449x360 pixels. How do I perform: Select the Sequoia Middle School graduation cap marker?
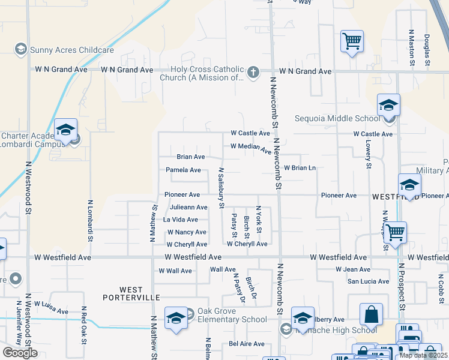coord(388,106)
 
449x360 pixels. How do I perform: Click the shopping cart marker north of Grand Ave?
coord(352,42)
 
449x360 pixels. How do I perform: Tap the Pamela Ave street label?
coord(183,170)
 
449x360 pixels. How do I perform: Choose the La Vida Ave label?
coord(185,220)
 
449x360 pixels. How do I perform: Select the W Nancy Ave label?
coord(187,232)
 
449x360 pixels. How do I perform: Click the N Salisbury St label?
coord(221,187)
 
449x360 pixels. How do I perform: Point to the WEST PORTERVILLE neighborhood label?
coord(131,293)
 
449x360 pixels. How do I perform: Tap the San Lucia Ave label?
coord(369,281)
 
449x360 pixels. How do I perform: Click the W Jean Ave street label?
coord(353,269)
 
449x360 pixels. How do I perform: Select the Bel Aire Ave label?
coord(246,344)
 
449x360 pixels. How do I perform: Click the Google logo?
coord(20,353)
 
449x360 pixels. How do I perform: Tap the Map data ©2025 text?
coord(423,355)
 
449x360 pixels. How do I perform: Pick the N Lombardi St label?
coord(91,221)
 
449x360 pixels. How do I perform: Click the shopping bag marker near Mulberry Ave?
coord(372,314)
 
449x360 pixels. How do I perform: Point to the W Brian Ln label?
coord(300,168)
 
